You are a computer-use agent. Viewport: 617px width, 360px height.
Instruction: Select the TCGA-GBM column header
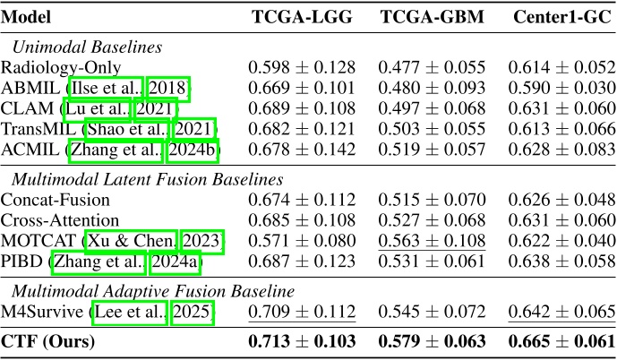pyautogui.click(x=433, y=17)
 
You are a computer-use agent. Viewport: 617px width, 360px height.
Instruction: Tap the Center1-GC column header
pyautogui.click(x=560, y=17)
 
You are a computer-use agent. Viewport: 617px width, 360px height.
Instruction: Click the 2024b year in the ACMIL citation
pyautogui.click(x=193, y=150)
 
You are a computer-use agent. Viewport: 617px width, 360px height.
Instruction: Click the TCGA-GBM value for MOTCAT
pyautogui.click(x=433, y=241)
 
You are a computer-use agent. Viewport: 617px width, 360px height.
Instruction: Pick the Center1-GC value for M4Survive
pyautogui.click(x=560, y=312)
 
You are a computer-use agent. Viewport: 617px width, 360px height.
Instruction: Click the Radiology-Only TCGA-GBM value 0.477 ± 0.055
pyautogui.click(x=433, y=67)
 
